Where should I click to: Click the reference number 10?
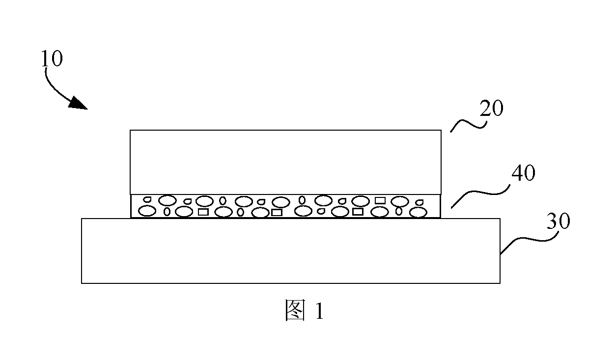click(52, 58)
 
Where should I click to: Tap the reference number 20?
click(491, 109)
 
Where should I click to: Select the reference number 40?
click(524, 173)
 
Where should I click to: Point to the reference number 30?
click(559, 221)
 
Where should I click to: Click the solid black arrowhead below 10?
click(78, 103)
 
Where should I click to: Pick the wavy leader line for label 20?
click(468, 124)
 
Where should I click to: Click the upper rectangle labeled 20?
click(285, 162)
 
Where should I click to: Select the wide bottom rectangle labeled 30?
click(290, 250)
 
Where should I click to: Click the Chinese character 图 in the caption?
click(295, 310)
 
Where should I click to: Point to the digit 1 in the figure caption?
click(319, 311)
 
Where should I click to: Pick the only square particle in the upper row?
click(380, 200)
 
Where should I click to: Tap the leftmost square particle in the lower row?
click(203, 212)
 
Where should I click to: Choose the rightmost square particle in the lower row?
click(358, 212)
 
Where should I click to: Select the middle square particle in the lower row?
click(277, 213)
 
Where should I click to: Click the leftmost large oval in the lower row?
click(147, 211)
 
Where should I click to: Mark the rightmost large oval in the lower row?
click(419, 212)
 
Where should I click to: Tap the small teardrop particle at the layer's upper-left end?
click(148, 199)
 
